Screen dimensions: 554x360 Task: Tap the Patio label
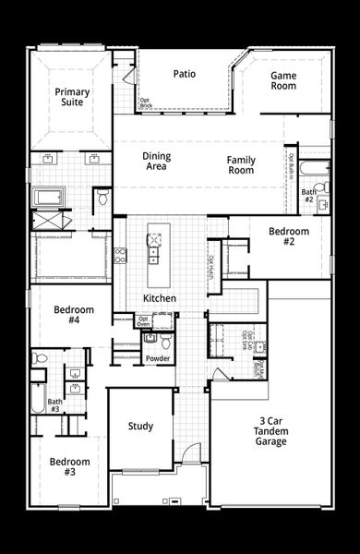[x=184, y=75]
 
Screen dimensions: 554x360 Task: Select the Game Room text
[x=283, y=80]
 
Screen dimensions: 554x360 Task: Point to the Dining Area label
[x=156, y=162]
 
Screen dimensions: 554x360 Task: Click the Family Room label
[x=241, y=165]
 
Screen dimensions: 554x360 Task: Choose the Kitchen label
[x=160, y=298]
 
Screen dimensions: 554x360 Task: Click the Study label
[x=140, y=426]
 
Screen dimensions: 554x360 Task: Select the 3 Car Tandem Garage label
[x=271, y=431]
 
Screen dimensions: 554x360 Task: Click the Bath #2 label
[x=308, y=196]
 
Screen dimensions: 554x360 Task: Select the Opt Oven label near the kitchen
[x=118, y=320]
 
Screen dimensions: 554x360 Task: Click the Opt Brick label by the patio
[x=145, y=103]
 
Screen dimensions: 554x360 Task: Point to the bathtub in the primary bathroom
[x=48, y=197]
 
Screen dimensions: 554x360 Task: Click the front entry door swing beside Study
[x=190, y=453]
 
